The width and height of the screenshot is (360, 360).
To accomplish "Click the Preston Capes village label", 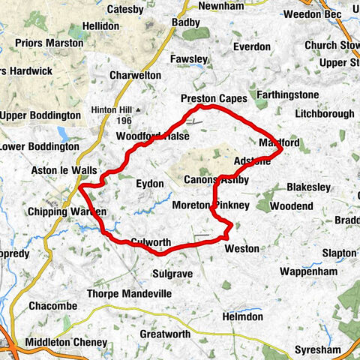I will tap(214, 98).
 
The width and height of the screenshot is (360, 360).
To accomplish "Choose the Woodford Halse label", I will tap(152, 136).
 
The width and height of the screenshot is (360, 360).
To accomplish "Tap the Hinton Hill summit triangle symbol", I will tap(138, 109).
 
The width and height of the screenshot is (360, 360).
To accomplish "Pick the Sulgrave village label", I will tap(173, 273).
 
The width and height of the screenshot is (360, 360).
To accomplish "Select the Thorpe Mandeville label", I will tap(130, 294).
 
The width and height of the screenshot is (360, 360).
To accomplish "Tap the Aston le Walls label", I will tap(64, 170).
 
